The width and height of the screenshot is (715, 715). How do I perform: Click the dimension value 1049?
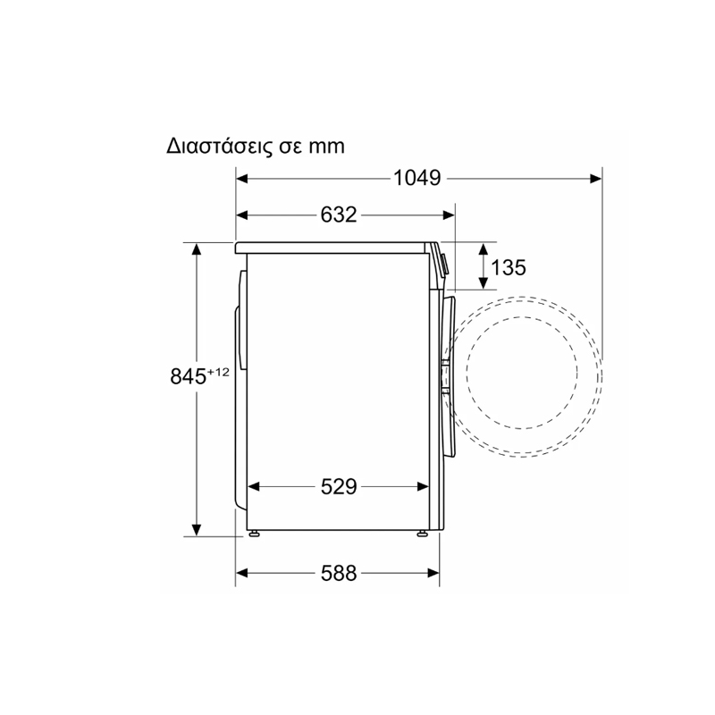[x=416, y=178]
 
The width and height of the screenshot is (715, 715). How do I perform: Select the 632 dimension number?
[x=339, y=214]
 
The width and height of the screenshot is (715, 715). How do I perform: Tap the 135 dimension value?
[x=508, y=267]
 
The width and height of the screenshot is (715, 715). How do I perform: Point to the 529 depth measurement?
[x=339, y=486]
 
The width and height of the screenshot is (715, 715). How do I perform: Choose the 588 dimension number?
[x=339, y=573]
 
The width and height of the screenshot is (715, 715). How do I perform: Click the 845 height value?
[x=189, y=376]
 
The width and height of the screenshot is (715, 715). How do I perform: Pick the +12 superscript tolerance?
[x=218, y=372]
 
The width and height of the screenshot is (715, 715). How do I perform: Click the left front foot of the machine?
[x=254, y=533]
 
